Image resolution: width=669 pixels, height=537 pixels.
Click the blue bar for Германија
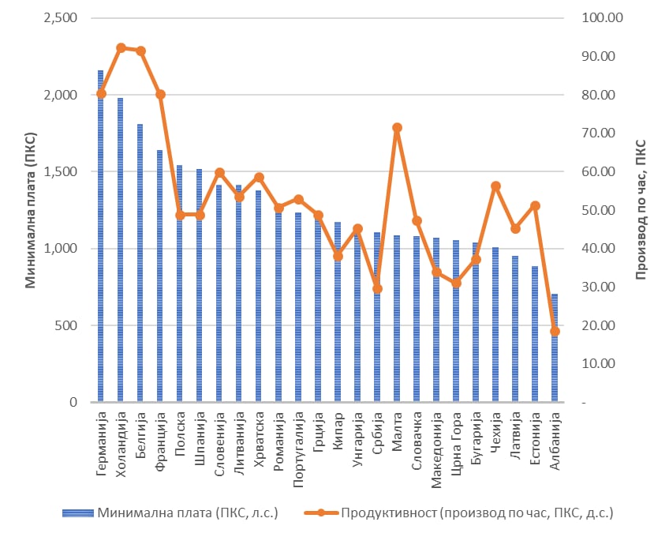[x=101, y=237]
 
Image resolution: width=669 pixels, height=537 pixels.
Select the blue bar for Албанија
[x=555, y=348]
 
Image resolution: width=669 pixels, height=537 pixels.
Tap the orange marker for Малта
[x=397, y=127]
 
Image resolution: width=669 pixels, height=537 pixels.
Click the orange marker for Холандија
[x=121, y=48]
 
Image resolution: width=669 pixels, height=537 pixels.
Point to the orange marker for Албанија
[x=555, y=332]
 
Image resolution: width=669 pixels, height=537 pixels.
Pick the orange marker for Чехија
[x=495, y=186]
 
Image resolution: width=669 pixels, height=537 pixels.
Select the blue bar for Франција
[x=160, y=276]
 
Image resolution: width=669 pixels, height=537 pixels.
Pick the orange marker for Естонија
[x=535, y=205]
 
